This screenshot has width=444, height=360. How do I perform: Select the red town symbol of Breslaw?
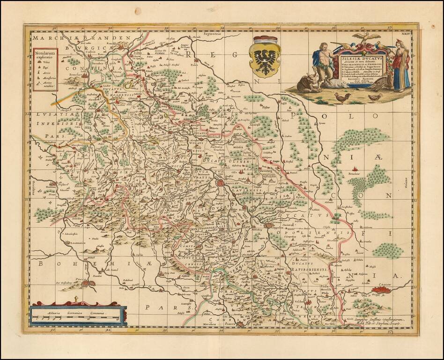220,184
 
